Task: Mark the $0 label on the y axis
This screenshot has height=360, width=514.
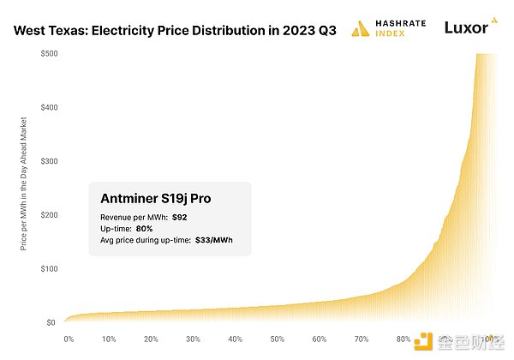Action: point(51,322)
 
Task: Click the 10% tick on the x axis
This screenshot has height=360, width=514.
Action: point(110,339)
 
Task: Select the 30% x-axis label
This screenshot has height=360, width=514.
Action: point(193,339)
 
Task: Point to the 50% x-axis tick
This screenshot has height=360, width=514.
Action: point(277,339)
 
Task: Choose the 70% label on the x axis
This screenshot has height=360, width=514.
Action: point(361,339)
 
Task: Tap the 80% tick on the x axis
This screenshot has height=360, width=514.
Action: point(402,339)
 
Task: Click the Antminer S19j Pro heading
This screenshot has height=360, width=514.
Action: point(156,199)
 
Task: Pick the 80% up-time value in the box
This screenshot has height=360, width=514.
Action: point(145,229)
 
